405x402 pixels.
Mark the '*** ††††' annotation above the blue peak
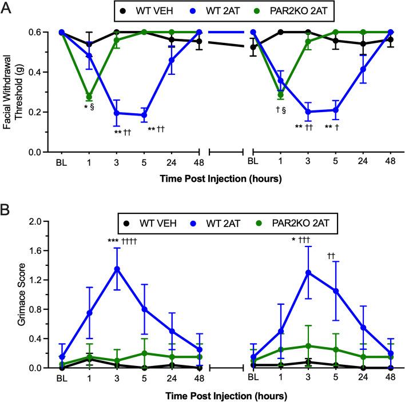point(123,241)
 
